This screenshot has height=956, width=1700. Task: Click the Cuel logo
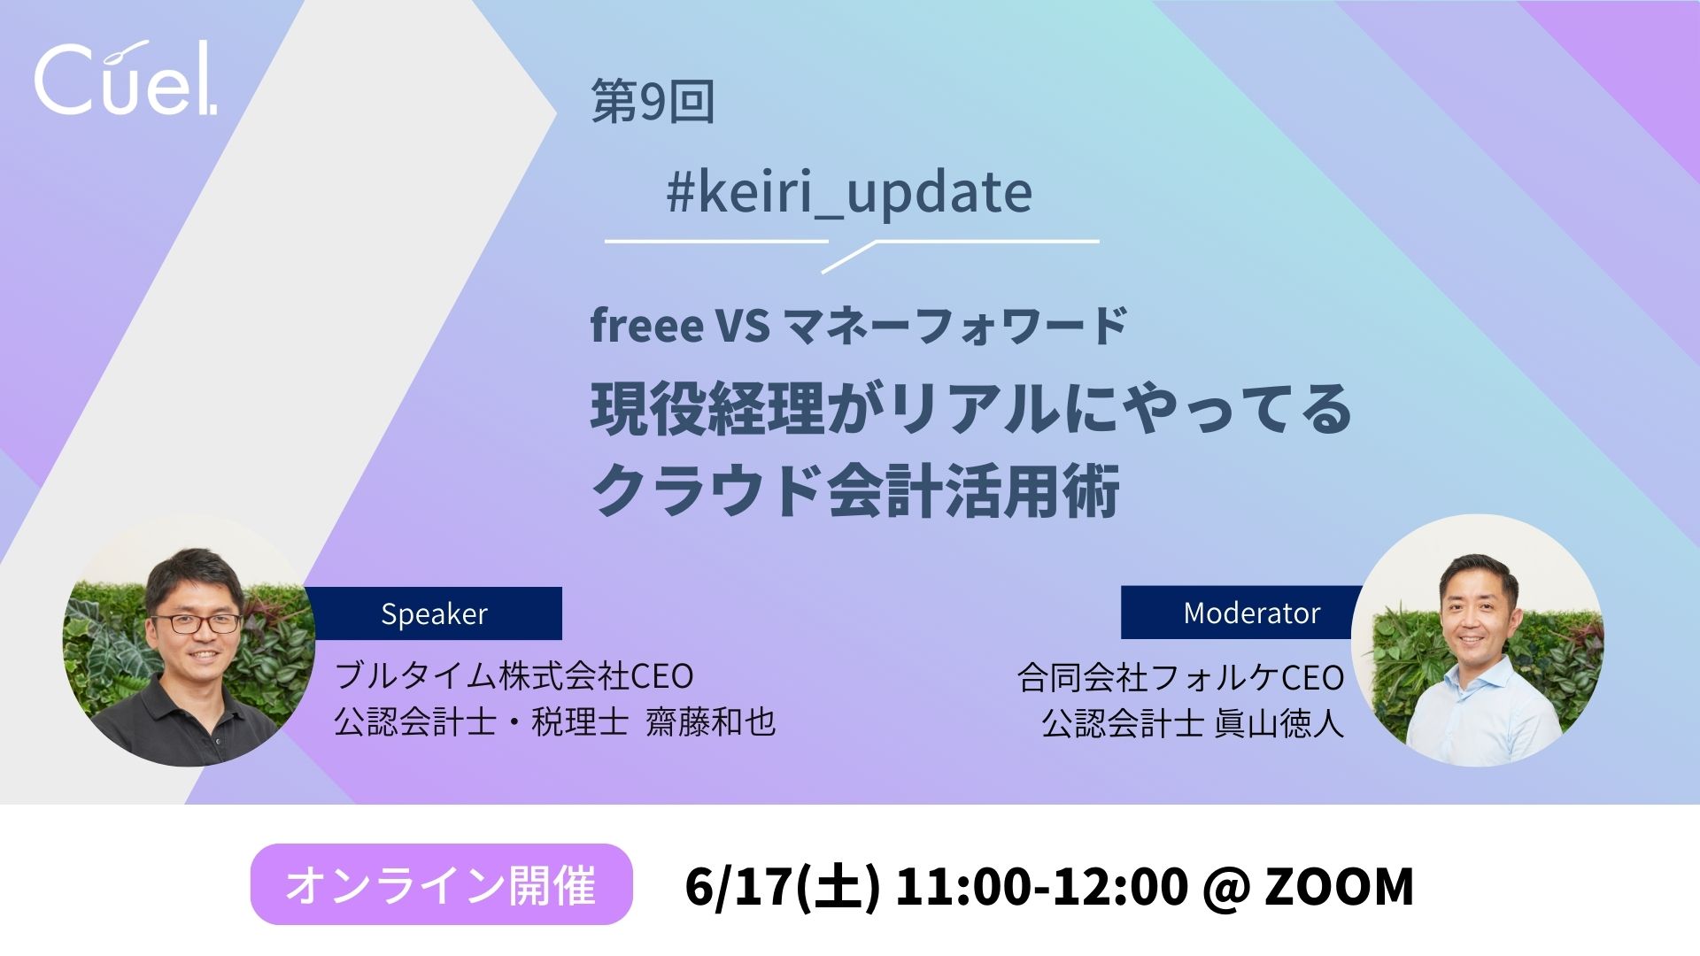[126, 78]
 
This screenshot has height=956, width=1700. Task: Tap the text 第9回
[653, 102]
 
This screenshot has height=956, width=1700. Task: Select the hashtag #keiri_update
[849, 193]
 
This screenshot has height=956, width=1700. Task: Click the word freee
[646, 325]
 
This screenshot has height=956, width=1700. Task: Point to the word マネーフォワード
[955, 326]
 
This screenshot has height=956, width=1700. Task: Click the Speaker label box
[434, 613]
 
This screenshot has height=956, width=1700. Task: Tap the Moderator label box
[1242, 613]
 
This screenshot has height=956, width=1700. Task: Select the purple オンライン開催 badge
[441, 884]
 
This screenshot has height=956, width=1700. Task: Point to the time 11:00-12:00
[1041, 885]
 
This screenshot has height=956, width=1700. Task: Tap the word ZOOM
[1339, 885]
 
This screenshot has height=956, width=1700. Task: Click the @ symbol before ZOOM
[1226, 887]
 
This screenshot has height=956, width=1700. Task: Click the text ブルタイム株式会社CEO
[514, 676]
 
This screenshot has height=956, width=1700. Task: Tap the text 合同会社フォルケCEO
[1181, 678]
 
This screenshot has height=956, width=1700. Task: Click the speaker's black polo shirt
[190, 721]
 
